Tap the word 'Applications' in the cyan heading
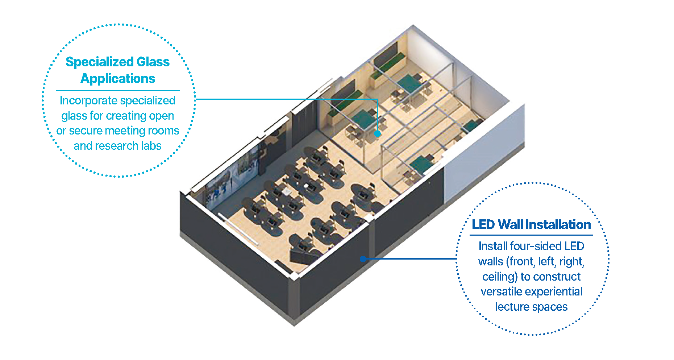tap(118, 79)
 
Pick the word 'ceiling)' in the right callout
tap(500, 277)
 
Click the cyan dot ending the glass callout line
tap(378, 133)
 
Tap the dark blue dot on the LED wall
tap(363, 259)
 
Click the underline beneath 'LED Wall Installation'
tap(531, 235)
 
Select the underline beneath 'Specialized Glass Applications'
tap(118, 90)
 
